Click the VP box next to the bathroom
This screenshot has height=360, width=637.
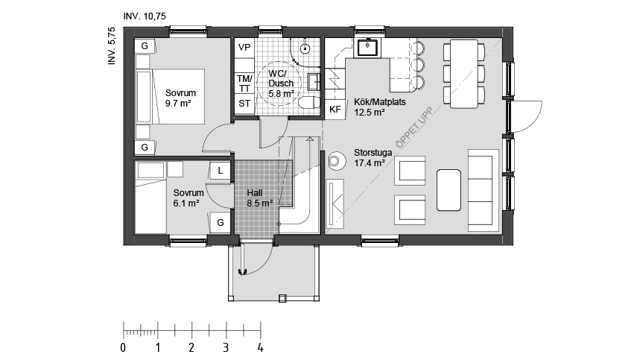pos(244,48)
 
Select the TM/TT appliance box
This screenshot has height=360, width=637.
pos(244,83)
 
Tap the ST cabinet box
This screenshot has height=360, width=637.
pos(244,104)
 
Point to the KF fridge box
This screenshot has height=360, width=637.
pos(335,109)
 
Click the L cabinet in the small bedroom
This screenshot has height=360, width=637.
pos(220,171)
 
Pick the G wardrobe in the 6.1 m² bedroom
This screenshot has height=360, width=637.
pos(220,222)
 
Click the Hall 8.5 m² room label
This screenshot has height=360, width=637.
pos(259,197)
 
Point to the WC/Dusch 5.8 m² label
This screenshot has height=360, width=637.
pos(281,83)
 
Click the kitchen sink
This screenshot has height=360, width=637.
pos(368,49)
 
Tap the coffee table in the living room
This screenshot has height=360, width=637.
pos(449,191)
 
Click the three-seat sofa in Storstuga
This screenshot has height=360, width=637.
pos(483,189)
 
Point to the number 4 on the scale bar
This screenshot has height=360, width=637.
pos(260,347)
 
